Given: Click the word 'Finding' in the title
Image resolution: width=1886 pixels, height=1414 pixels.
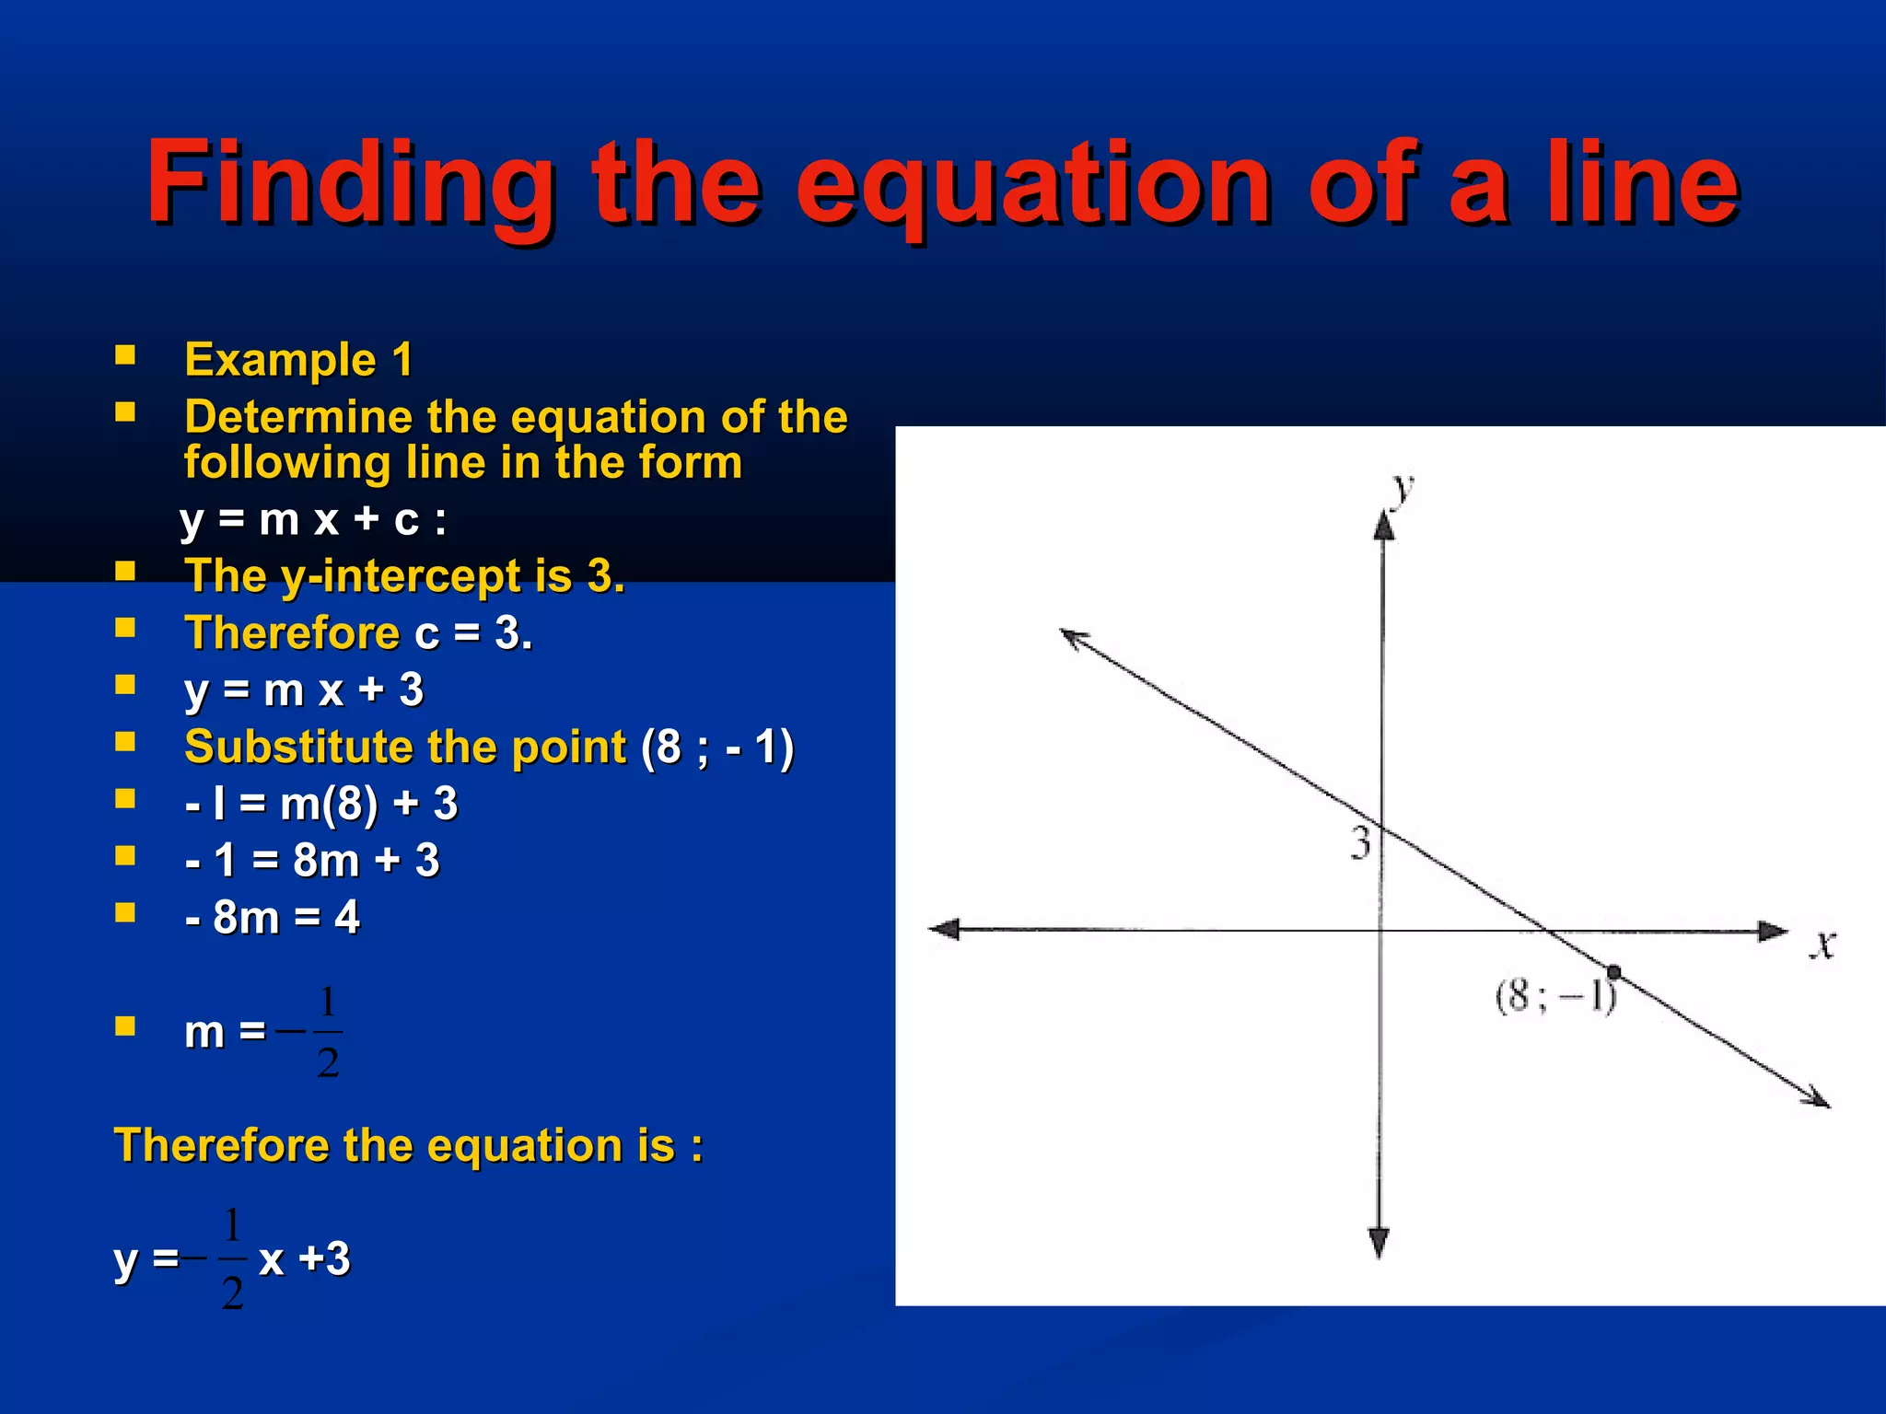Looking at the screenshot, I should coord(350,184).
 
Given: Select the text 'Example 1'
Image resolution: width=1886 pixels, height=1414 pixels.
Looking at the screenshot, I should coord(298,359).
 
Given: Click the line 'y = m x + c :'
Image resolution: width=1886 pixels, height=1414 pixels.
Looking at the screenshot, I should coord(313,520).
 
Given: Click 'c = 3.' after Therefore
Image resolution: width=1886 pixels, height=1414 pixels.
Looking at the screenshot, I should coord(473,633).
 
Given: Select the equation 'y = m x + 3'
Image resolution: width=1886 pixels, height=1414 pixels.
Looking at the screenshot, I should coord(304,690).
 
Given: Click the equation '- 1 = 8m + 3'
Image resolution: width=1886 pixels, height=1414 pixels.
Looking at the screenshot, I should coord(312,861).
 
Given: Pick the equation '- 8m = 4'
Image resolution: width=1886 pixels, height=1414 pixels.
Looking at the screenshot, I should coord(273,917).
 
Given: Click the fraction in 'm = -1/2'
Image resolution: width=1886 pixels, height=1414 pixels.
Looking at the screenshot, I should coord(327,1031).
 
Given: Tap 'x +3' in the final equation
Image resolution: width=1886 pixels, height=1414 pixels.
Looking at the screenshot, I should coord(305,1258).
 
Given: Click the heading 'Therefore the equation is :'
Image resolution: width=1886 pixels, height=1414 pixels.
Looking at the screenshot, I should coord(408,1146).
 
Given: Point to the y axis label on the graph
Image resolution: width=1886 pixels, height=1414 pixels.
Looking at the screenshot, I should coord(1402,489).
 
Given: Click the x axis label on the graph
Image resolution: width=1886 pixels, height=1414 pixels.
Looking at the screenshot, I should coord(1822,944).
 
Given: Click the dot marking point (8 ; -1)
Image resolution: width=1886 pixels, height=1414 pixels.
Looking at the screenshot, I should coord(1613,972).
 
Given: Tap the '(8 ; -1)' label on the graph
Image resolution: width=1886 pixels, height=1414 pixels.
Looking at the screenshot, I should coord(1555,997).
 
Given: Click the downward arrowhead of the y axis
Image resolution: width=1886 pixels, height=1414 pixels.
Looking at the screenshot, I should coord(1379,1243).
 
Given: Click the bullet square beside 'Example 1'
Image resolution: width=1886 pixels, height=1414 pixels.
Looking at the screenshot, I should coord(125,356).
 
